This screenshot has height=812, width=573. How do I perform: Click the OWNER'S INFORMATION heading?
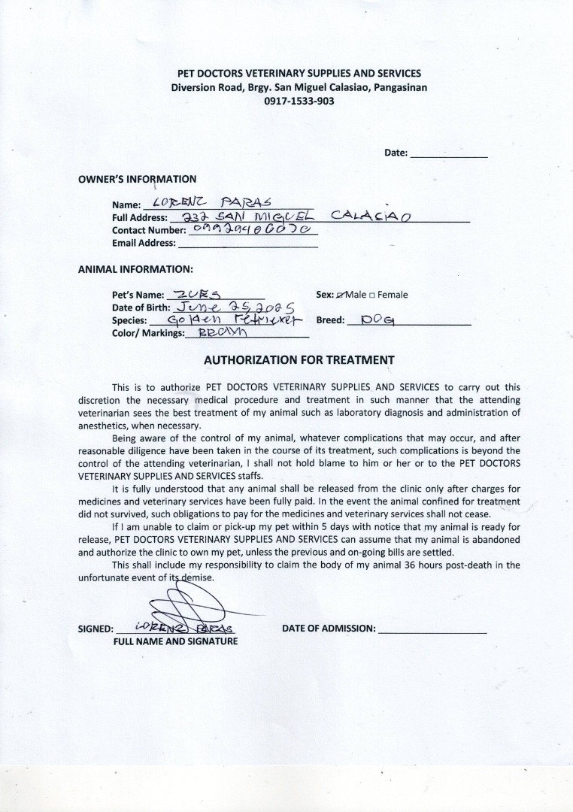click(137, 179)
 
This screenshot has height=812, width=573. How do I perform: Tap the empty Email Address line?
click(247, 243)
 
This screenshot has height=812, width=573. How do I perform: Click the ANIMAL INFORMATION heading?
click(135, 268)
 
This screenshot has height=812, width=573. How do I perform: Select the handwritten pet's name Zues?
click(196, 295)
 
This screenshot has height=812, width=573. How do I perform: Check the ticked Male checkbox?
click(341, 295)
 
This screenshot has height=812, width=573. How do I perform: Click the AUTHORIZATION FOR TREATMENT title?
click(299, 360)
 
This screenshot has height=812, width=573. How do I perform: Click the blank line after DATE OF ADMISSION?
click(432, 629)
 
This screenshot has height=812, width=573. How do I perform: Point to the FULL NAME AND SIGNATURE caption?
click(175, 641)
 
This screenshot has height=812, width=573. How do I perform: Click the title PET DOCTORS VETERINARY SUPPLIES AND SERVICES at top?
click(299, 74)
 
